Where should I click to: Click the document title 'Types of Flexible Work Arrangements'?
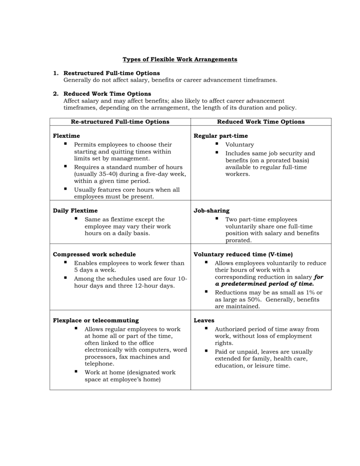[180, 60]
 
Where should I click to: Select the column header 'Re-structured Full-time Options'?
[120, 122]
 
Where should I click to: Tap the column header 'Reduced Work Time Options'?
[261, 122]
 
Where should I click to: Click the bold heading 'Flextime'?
[66, 136]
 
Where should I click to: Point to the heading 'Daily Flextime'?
[75, 211]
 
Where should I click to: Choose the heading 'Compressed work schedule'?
[94, 254]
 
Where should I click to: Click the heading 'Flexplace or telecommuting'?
[96, 320]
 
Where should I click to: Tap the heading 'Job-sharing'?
[212, 211]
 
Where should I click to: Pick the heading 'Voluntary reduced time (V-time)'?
[243, 254]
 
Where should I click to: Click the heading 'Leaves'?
[204, 320]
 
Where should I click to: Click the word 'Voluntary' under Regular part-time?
[239, 145]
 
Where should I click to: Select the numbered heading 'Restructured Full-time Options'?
[112, 73]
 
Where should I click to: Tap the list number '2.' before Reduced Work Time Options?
[56, 94]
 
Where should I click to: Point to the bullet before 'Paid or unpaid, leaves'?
[206, 351]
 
